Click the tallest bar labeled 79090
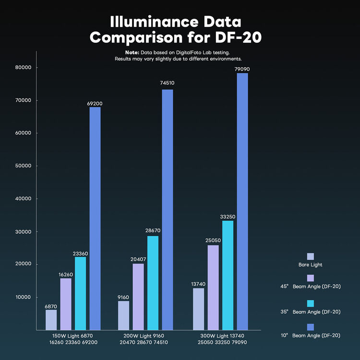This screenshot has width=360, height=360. (x=242, y=202)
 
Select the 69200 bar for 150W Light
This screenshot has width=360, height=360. (x=95, y=218)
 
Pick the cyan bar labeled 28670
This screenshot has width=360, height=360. (x=153, y=283)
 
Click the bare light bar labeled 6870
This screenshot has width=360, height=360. (x=51, y=320)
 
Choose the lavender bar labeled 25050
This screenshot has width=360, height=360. (x=213, y=288)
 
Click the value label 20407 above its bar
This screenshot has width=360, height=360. (x=138, y=259)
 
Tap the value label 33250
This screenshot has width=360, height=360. (x=227, y=216)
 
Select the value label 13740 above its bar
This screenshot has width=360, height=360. (x=198, y=284)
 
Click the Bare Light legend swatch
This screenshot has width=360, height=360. (x=310, y=256)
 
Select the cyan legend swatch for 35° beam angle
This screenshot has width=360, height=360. (x=310, y=303)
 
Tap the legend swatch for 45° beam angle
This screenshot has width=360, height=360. (x=310, y=278)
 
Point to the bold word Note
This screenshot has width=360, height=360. (x=132, y=52)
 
